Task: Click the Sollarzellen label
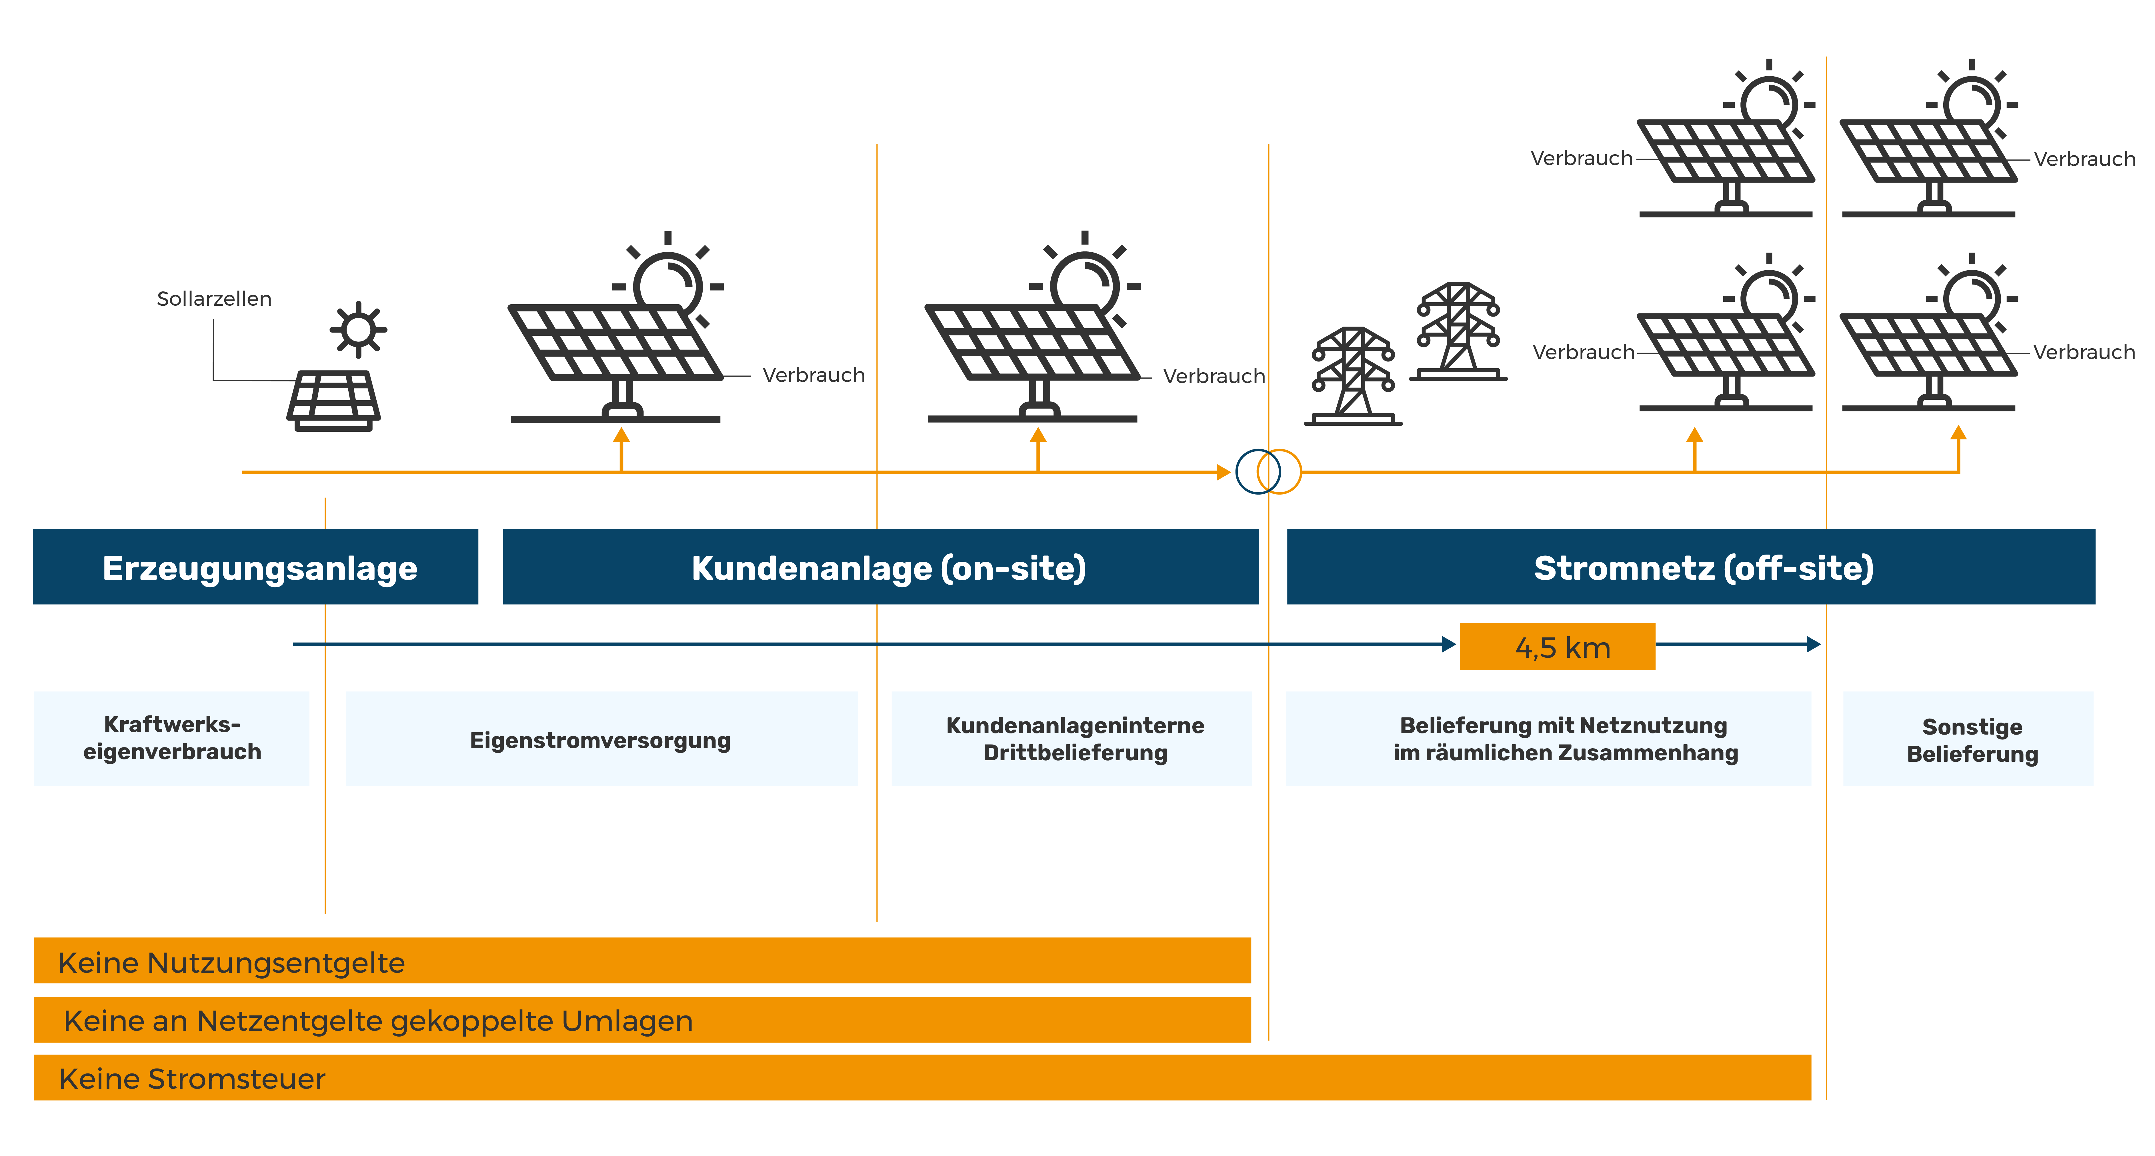click(214, 299)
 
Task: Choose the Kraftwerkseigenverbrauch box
click(171, 738)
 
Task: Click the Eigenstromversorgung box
click(601, 739)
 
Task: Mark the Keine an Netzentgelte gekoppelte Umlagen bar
click(642, 1020)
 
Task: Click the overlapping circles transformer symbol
click(1268, 472)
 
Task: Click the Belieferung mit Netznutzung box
click(1548, 739)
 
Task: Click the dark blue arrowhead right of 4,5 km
click(1813, 644)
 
